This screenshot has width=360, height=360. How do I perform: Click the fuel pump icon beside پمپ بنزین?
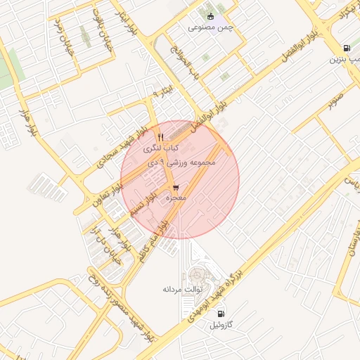[x=347, y=48]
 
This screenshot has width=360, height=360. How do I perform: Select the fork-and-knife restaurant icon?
[x=160, y=136]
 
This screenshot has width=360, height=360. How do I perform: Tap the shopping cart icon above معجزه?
[x=175, y=188]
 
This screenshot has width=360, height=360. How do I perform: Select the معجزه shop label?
[x=175, y=199]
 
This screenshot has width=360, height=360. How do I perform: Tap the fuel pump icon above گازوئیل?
[x=221, y=314]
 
